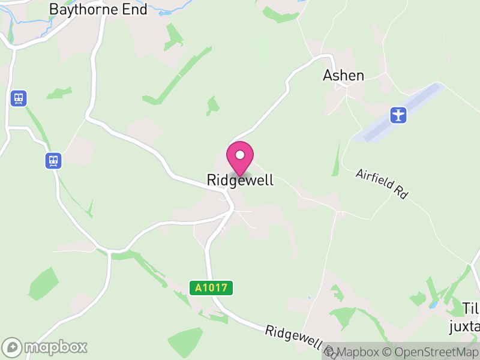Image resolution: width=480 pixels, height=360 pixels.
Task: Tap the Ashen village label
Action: point(343,75)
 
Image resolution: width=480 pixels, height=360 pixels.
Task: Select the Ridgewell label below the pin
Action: point(240,180)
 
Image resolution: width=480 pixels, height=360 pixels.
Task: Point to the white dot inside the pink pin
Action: point(240,155)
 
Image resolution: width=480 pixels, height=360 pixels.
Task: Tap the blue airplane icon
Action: point(398,114)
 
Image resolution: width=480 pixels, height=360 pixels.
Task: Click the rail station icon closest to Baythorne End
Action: point(19,98)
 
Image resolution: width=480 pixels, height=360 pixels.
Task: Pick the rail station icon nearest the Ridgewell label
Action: point(53,160)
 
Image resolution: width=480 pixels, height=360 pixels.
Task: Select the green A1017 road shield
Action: point(211,288)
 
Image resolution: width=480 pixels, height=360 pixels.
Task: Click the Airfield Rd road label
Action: point(382,184)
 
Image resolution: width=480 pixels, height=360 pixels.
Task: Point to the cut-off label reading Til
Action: point(471,308)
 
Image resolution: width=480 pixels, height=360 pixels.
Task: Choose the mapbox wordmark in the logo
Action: point(55,347)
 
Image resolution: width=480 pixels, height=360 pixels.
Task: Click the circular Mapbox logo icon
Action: point(13,347)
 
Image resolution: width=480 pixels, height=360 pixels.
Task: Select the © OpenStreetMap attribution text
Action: point(430,352)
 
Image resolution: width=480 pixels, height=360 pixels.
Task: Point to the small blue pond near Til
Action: point(433,305)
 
